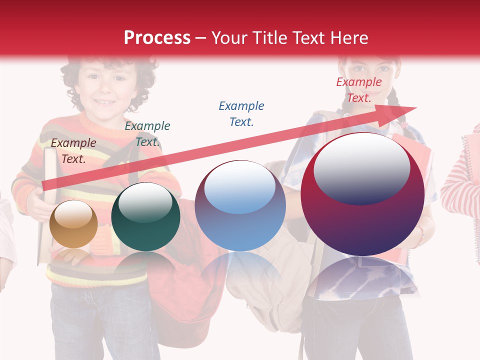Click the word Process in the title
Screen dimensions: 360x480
(157, 38)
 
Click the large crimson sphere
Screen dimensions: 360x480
(362, 195)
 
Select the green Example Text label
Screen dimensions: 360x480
(147, 134)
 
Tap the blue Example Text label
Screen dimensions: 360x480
(241, 113)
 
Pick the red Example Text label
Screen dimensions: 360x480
(358, 90)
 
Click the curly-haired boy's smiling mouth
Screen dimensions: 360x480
(105, 102)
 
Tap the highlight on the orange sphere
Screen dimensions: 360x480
(73, 215)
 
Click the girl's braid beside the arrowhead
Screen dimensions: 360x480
(395, 102)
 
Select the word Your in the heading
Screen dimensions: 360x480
(230, 38)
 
